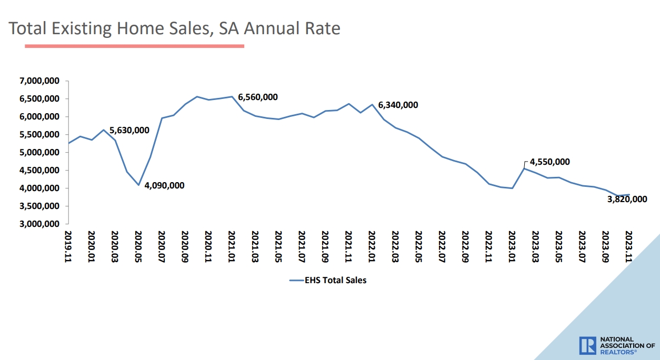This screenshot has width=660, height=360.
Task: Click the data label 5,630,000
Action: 129,130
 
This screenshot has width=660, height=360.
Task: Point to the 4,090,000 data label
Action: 164,185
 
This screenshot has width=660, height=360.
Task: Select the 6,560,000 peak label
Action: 258,97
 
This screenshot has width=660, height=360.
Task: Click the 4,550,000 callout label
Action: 549,162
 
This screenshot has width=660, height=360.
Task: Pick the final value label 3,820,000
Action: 626,199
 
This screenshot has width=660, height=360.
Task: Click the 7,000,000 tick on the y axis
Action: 39,81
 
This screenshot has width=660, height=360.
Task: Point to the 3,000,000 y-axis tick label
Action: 39,224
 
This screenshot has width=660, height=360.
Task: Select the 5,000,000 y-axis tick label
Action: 39,153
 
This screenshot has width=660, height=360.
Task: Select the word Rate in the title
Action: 321,28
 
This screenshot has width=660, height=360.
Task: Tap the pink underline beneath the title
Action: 134,46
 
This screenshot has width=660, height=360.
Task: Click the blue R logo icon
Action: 587,345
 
